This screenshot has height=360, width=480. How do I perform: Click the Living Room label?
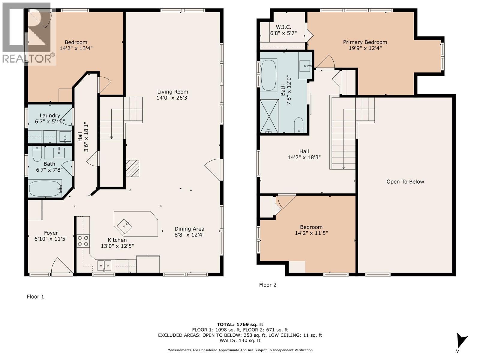[172, 92]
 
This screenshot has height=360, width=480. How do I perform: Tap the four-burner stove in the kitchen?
[83, 241]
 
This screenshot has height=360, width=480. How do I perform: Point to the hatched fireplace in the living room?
[132, 168]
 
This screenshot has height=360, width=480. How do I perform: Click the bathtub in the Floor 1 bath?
[45, 188]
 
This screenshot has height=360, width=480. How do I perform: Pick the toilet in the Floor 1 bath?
[37, 154]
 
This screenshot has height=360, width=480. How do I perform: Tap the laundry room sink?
[65, 136]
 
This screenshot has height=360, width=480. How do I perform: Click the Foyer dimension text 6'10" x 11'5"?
[51, 239]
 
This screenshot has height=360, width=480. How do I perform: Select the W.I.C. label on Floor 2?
[283, 27]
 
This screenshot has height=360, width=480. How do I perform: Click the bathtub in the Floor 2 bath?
[269, 74]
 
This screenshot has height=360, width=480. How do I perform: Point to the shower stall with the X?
[269, 116]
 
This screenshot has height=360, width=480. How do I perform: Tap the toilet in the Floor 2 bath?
[299, 125]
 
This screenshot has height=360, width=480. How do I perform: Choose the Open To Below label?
[405, 181]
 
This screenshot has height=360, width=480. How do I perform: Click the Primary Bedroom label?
[365, 42]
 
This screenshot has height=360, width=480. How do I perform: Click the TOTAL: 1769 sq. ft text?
[240, 325]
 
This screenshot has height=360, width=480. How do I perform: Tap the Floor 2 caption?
[268, 285]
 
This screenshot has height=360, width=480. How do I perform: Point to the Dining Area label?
[189, 229]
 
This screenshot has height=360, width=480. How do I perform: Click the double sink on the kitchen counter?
[104, 265]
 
